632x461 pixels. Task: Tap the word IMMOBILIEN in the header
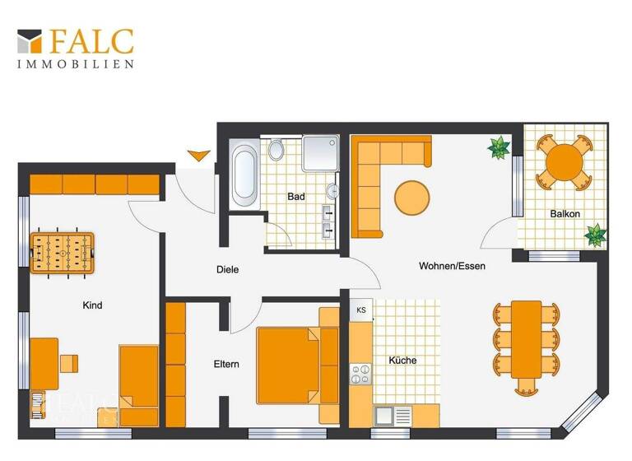[76, 63]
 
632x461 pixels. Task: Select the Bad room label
[296, 198]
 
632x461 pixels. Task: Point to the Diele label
[227, 269]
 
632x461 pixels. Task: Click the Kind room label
[92, 305]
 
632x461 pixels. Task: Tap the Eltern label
[226, 364]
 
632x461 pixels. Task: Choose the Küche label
[403, 361]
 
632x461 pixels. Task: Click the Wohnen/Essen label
[453, 266]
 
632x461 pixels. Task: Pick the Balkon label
[565, 214]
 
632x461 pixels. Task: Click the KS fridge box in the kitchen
[361, 310]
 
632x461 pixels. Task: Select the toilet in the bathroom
[276, 151]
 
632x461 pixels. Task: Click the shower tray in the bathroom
[320, 154]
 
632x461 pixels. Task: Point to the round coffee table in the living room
[411, 198]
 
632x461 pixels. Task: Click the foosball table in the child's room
[61, 253]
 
